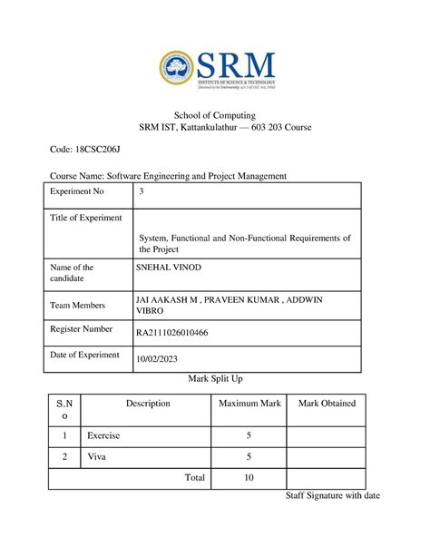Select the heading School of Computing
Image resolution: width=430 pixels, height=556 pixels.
tap(215, 115)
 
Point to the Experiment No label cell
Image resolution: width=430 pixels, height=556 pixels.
tap(79, 192)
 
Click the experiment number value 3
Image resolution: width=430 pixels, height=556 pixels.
tap(140, 192)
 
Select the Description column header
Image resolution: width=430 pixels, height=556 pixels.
tap(148, 403)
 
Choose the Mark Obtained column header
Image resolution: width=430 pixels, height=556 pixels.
tap(321, 403)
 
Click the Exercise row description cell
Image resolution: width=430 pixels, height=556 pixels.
tap(103, 435)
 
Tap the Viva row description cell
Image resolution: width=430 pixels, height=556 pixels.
tap(96, 456)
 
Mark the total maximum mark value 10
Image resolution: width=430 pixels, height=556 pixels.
tap(249, 477)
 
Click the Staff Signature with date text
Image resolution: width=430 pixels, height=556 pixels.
tap(333, 495)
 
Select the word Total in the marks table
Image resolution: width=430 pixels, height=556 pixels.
tap(194, 477)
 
